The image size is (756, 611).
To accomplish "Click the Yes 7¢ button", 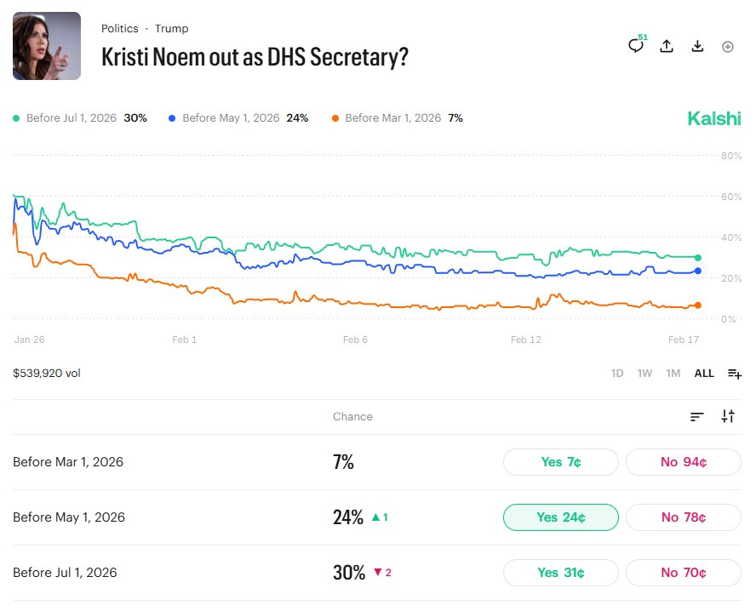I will pos(561,462).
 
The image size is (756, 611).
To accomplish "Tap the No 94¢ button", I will pos(684,462).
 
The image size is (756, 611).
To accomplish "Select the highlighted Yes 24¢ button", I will pos(561,517).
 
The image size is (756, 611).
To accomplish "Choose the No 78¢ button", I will pos(684,517).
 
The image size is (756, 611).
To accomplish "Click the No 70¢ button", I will pos(684,573).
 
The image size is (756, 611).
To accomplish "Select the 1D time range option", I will pos(617,374).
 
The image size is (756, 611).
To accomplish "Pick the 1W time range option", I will pos(644,374).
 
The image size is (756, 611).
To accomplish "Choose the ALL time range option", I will pos(704,374).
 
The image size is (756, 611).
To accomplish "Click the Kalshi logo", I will pos(714,118).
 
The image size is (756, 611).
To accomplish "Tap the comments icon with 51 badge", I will pos(636,46).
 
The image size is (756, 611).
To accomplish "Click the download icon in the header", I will pos(697,46).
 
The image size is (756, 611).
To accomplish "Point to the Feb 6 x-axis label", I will pos(355,340).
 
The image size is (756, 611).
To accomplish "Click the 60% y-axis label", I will pos(731,197).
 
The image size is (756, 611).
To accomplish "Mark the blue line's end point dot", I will pos(698,271).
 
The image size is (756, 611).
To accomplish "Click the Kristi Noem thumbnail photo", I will pos(47,46).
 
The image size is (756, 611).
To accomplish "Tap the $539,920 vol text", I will pos(47,373).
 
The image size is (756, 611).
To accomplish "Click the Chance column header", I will pos(352,416).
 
